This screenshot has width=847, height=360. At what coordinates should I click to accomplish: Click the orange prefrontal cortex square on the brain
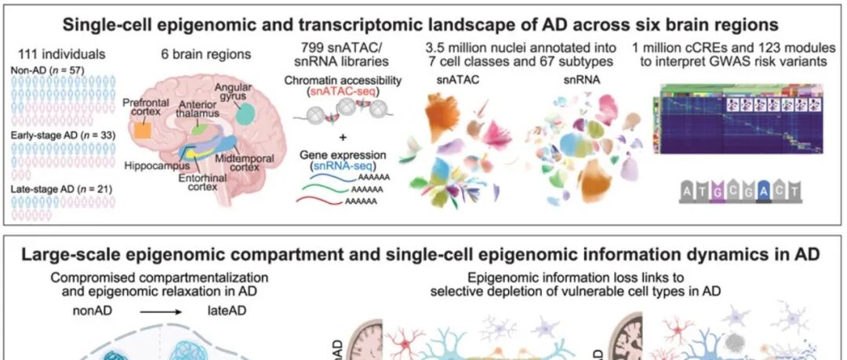pyautogui.click(x=143, y=130)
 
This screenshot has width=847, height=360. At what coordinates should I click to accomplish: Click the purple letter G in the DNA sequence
pyautogui.click(x=718, y=191)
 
